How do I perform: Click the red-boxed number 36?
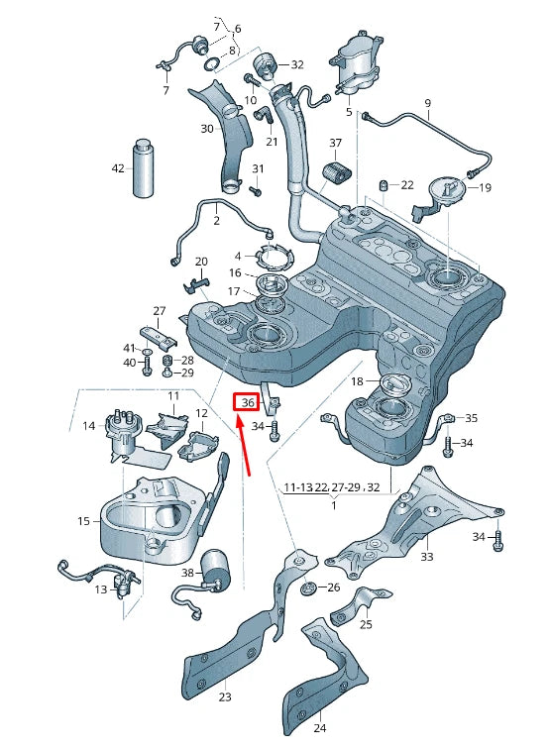pos(247,402)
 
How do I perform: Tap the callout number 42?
pos(118,168)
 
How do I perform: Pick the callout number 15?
pos(83,521)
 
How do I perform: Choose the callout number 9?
pos(428,103)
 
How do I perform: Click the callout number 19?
pos(486,187)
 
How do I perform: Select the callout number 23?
pos(225,697)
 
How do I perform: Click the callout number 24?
pos(319,728)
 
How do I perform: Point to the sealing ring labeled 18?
pos(394,384)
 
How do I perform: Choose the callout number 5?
pos(349,113)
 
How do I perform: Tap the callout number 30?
pos(207,129)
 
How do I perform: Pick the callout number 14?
pos(89,426)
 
